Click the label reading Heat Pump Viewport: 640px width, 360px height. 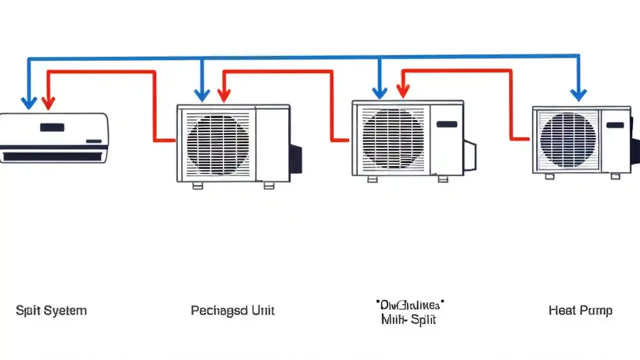tap(580, 310)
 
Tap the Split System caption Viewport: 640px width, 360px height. tap(51, 310)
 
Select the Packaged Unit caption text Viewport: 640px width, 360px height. tap(232, 310)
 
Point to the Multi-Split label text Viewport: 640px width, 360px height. tap(408, 319)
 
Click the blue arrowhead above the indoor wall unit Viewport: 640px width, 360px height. tap(29, 102)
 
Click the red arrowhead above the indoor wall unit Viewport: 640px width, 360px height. tap(48, 102)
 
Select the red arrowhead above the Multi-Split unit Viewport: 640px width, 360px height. tap(403, 91)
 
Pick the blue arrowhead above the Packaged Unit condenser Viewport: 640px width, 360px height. tap(201, 94)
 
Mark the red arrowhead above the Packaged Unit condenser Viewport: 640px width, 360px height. tap(224, 94)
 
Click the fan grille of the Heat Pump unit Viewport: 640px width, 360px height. tap(568, 139)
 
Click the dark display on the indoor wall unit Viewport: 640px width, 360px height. tap(52, 127)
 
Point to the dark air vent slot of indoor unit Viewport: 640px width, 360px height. tap(52, 156)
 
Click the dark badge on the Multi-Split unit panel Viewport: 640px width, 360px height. tap(446, 124)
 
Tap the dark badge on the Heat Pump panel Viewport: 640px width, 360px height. tap(615, 125)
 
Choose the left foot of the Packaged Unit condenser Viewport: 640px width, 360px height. tap(197, 185)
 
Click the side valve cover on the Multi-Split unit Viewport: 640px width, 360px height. tap(469, 155)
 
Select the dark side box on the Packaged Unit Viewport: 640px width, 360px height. tap(296, 158)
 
